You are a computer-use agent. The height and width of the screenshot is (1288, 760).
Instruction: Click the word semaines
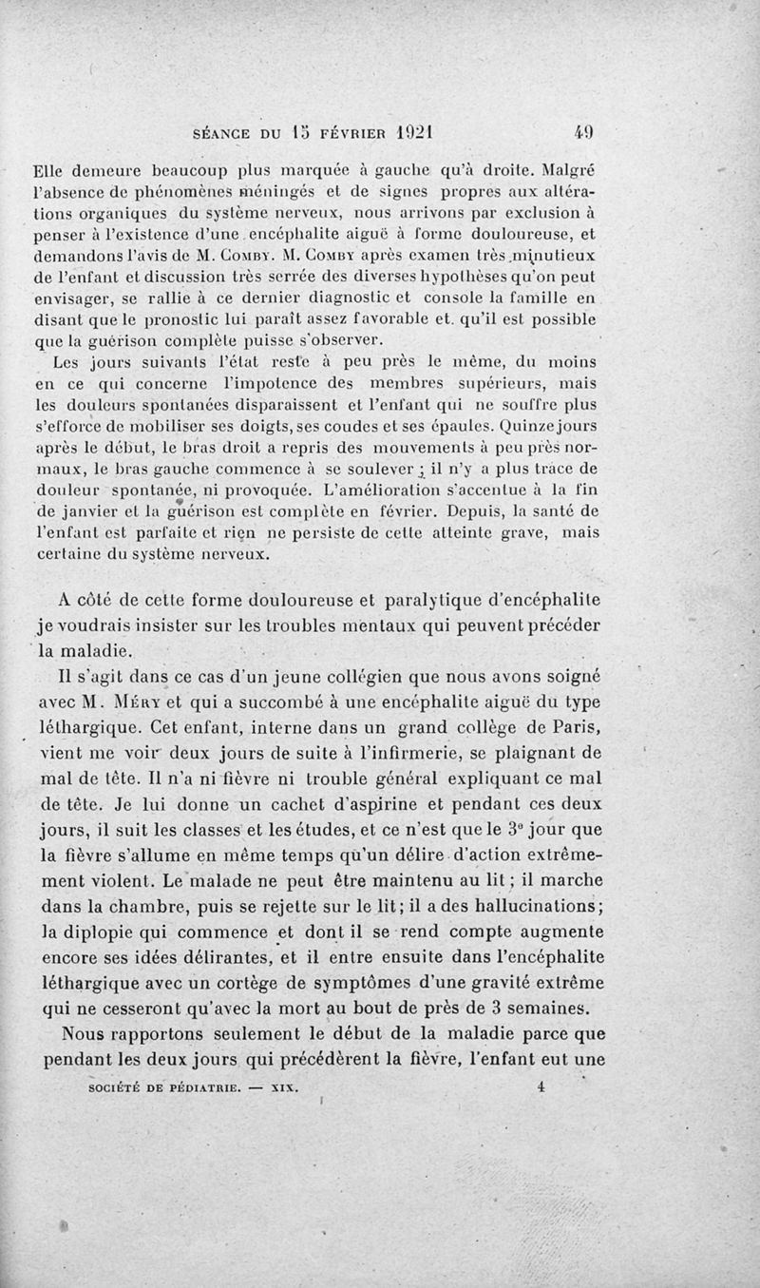pos(551,1008)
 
